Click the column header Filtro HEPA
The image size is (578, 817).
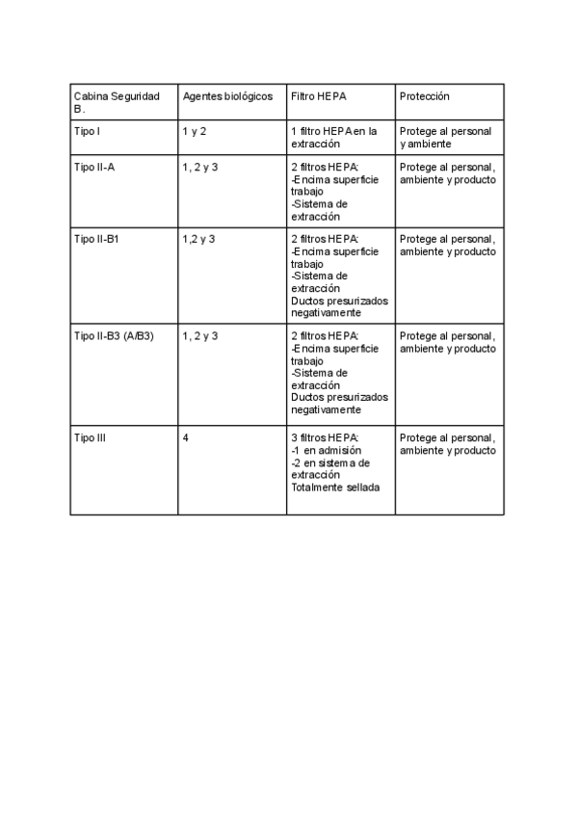pyautogui.click(x=318, y=97)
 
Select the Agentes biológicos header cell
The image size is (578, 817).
pyautogui.click(x=227, y=97)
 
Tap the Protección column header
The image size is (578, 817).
pyautogui.click(x=424, y=97)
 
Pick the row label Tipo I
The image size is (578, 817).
pyautogui.click(x=87, y=131)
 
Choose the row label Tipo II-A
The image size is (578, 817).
pyautogui.click(x=94, y=167)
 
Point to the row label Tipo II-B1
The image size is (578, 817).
pyautogui.click(x=96, y=239)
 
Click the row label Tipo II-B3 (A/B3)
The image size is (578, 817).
pyautogui.click(x=114, y=336)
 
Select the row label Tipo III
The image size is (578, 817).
pyautogui.click(x=90, y=437)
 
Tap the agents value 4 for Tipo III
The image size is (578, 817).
pyautogui.click(x=185, y=437)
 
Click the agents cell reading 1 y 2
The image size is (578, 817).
pyautogui.click(x=194, y=131)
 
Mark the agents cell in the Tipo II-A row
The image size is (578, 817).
pyautogui.click(x=199, y=167)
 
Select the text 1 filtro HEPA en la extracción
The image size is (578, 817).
pyautogui.click(x=333, y=137)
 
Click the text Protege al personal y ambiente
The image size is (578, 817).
pyautogui.click(x=445, y=137)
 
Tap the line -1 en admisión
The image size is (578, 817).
pyautogui.click(x=326, y=450)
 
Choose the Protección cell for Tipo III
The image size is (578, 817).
pyautogui.click(x=448, y=443)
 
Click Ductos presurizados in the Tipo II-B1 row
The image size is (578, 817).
pyautogui.click(x=339, y=301)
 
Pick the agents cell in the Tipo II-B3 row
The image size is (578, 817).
pyautogui.click(x=199, y=336)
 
